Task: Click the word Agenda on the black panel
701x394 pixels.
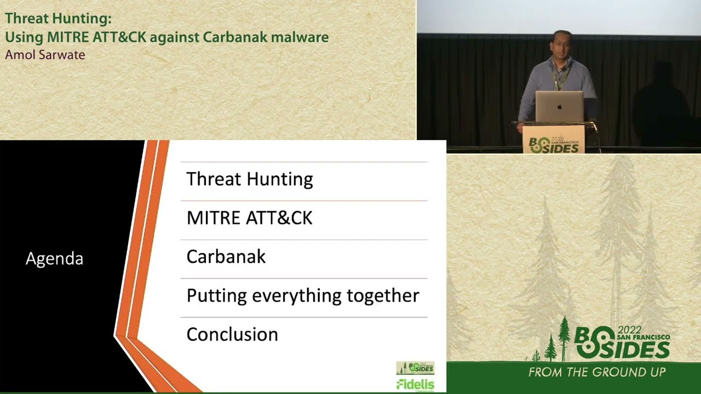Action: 54,259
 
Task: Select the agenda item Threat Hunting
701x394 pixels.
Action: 249,179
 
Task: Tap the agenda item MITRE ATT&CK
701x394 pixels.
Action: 249,218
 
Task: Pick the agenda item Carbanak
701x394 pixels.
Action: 226,257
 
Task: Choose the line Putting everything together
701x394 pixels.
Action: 302,296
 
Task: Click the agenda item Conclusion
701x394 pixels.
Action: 232,334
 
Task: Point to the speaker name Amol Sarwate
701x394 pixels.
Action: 45,55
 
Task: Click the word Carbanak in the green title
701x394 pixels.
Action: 233,37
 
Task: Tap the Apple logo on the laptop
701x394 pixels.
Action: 559,107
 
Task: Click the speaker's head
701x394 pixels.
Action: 562,44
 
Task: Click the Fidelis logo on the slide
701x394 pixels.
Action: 415,384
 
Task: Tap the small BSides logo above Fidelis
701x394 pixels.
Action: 415,368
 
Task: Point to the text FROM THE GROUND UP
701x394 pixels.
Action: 596,373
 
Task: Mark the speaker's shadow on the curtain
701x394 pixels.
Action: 662,104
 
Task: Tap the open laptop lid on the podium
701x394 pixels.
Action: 559,107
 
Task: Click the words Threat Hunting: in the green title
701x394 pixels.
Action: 58,19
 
